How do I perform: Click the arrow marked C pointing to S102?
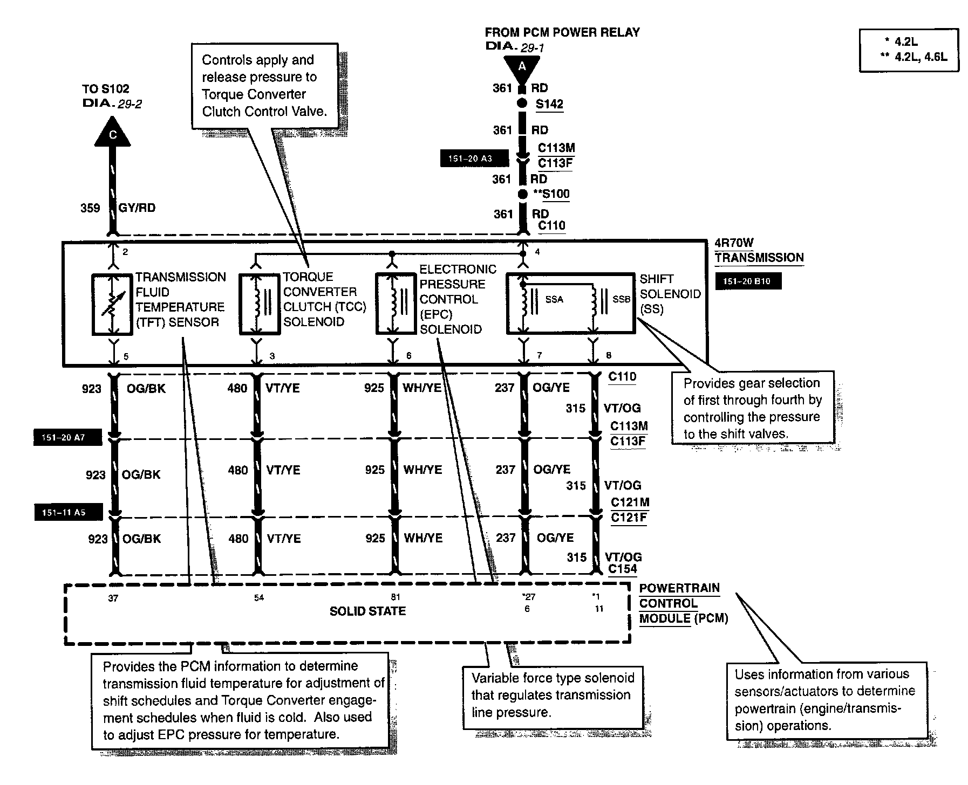(x=113, y=133)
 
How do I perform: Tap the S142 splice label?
(x=549, y=104)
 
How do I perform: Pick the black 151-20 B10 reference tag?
(x=748, y=281)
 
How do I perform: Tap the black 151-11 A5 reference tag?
(x=67, y=512)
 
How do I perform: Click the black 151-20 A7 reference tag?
(x=67, y=438)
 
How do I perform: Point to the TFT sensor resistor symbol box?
(x=112, y=304)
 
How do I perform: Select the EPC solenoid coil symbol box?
(x=396, y=304)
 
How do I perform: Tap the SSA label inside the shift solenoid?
(x=554, y=300)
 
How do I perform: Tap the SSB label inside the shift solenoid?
(x=621, y=300)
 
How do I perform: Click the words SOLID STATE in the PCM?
(x=367, y=611)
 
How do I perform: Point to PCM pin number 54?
(x=259, y=598)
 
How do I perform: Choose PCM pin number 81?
(x=396, y=597)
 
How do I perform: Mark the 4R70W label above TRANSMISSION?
(x=734, y=243)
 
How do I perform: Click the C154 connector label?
(x=623, y=569)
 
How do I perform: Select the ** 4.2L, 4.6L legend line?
(x=913, y=57)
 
